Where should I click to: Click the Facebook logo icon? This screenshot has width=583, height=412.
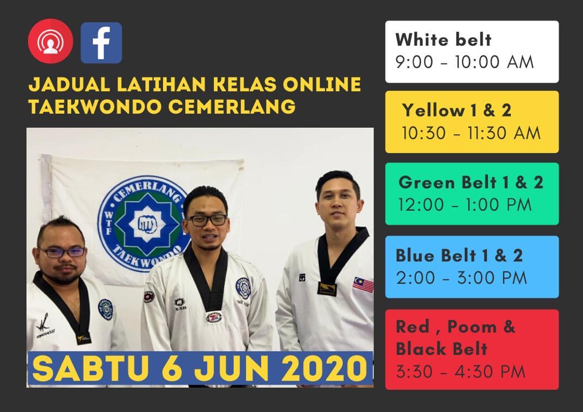click(101, 43)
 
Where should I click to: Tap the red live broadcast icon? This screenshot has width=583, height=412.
click(51, 41)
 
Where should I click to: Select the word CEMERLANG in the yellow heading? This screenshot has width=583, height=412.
click(232, 107)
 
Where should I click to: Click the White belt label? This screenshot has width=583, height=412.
click(443, 39)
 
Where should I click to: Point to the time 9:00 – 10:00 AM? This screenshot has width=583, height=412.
click(464, 62)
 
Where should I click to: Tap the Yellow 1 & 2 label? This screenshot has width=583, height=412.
click(457, 111)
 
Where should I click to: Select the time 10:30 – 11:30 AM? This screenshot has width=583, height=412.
click(471, 133)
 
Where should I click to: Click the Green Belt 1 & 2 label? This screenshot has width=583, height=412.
click(471, 182)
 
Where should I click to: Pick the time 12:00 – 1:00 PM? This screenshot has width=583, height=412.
click(465, 205)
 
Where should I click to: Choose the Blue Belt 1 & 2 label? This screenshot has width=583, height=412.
click(459, 256)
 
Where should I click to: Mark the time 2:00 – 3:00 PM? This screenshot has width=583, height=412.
click(462, 278)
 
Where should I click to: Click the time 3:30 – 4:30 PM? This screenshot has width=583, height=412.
click(460, 372)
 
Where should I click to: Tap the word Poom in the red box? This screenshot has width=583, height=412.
click(472, 327)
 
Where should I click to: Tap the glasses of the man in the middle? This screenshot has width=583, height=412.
click(207, 221)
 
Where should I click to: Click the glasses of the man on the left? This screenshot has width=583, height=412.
click(63, 252)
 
